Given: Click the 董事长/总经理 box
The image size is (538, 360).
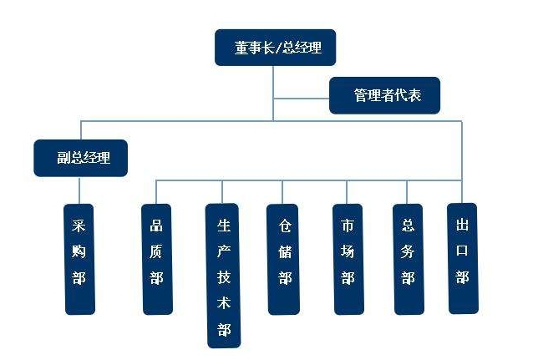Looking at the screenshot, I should pos(274,48).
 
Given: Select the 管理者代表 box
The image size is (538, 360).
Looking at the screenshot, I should pos(384,95).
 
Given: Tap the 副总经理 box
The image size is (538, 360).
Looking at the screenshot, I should pos(80,157).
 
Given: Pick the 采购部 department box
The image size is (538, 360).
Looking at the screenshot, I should pos(80,258).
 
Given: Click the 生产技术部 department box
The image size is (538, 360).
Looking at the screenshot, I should pos(223,275).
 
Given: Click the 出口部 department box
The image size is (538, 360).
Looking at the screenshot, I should pos(463,257).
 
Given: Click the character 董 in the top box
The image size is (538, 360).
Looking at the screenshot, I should pos(241,48).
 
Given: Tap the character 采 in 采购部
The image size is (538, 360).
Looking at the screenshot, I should pos(80,226).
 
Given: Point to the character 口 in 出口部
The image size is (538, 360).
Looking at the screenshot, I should pos(463,251).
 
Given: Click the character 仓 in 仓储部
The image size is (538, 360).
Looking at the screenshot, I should pos(284,226).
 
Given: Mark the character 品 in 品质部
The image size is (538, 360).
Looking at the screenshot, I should pos(157,226).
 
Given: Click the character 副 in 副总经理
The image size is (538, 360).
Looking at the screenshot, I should pos(59,157).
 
